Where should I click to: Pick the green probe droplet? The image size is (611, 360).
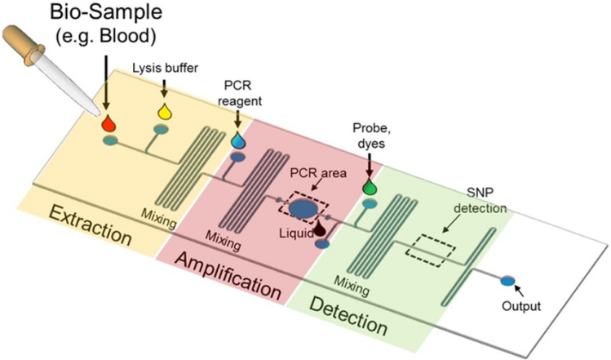point(370,186)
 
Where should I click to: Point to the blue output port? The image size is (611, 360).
point(507,281)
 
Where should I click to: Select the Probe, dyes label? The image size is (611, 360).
point(370,137)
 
